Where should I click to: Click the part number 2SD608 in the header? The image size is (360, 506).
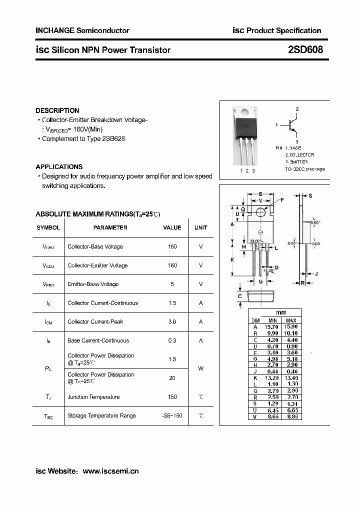(x=305, y=50)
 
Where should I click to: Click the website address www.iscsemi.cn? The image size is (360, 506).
(x=110, y=471)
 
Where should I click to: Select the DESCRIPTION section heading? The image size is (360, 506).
(x=57, y=110)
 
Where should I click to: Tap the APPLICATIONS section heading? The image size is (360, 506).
(x=59, y=167)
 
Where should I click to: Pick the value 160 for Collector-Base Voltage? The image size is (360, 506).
(x=172, y=246)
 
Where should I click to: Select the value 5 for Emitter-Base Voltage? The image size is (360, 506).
(x=172, y=284)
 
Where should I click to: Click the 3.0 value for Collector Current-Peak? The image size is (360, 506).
(x=172, y=321)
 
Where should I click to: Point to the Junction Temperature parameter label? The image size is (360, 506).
(x=93, y=397)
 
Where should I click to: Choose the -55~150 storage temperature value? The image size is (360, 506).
(x=172, y=415)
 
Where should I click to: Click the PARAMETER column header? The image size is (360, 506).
(x=110, y=227)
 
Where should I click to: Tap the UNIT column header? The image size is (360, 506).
(x=200, y=227)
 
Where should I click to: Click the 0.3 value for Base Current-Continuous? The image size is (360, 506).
(x=172, y=340)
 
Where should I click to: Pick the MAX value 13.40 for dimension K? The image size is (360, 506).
(x=291, y=377)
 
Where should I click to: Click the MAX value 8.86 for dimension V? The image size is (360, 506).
(x=291, y=416)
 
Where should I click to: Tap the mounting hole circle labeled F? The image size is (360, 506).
(x=261, y=212)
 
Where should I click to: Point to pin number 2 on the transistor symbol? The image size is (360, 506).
(x=296, y=109)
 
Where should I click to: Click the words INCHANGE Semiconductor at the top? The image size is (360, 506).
(x=82, y=30)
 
